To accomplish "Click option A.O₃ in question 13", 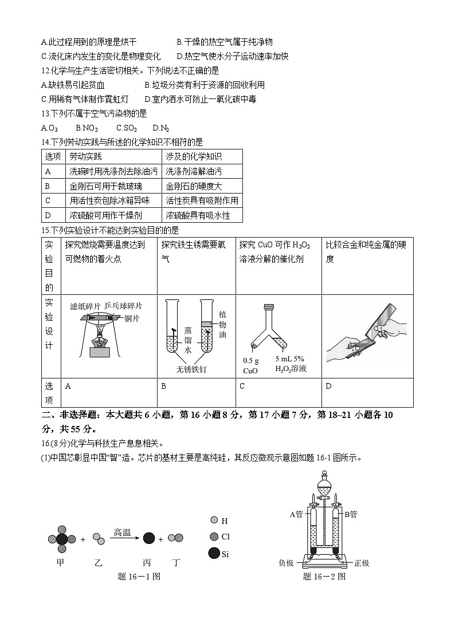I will pos(50,128).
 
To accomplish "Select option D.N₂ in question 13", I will pos(161,128).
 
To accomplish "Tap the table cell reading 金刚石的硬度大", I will pos(194,186).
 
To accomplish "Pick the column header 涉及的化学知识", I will pos(194,156).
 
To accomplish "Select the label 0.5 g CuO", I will pos(251,365).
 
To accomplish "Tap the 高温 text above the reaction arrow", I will pos(122,532).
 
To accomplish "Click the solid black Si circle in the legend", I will pos(214,553).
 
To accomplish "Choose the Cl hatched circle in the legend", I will pos(214,537).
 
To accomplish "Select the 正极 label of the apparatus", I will pos(362,563).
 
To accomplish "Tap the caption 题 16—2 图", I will pos(324,577).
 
